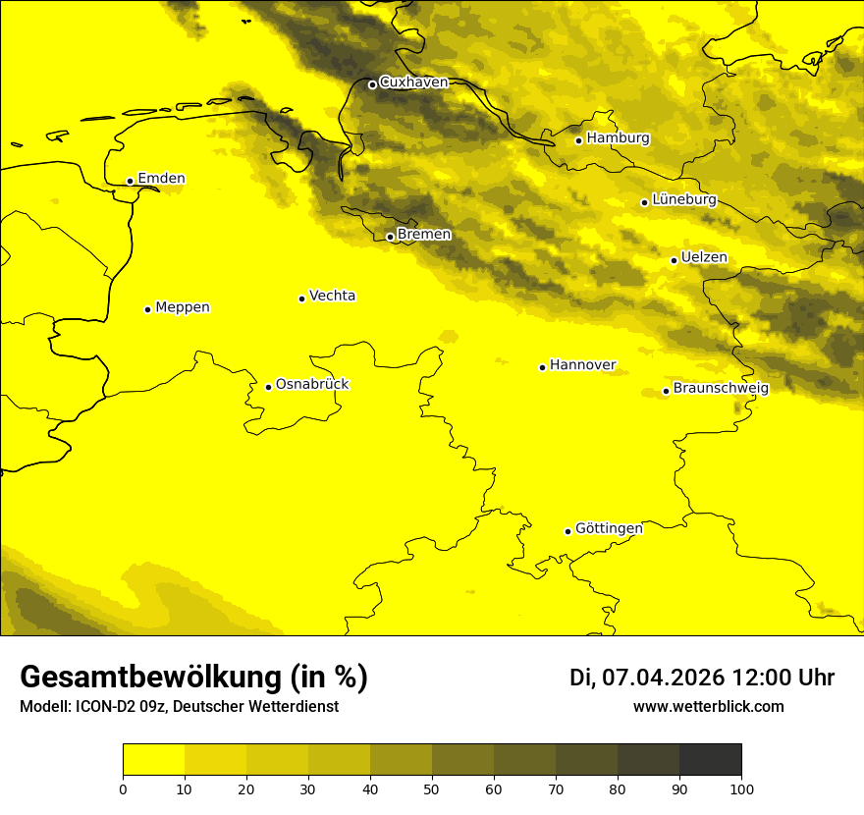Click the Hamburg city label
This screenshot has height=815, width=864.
coord(618,138)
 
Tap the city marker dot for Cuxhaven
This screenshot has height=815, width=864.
coord(372,84)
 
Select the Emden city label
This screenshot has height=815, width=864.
coord(161,179)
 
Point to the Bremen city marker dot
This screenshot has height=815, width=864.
coord(390,237)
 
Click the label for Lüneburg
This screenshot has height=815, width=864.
coord(683,200)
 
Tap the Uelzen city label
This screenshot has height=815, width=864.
coord(704,258)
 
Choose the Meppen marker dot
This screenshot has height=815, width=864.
coord(147,309)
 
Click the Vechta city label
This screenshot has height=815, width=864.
coord(332,296)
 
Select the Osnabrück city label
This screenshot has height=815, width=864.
coord(312,385)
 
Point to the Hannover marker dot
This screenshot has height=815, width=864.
coord(542,367)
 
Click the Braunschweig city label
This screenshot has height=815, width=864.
coord(721,389)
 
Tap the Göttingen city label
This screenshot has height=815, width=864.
coord(609,529)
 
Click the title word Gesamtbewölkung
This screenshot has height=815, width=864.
coord(147,678)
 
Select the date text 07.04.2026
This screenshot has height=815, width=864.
coord(663,678)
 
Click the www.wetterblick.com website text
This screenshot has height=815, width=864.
coord(708,707)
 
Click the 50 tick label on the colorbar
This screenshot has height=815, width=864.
coord(432,788)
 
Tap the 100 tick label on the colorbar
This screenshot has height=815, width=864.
coord(741,788)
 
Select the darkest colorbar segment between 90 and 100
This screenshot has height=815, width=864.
coord(710,760)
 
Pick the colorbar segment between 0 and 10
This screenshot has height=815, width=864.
coord(153,760)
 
